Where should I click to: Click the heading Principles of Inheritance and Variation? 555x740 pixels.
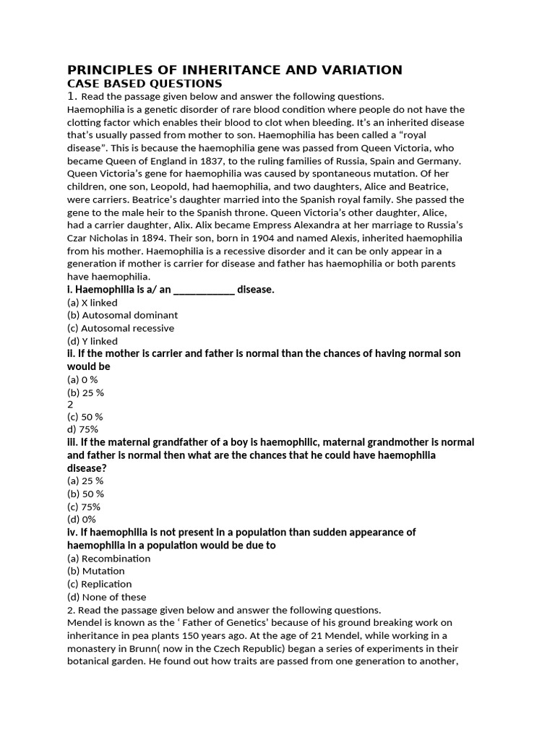(234, 70)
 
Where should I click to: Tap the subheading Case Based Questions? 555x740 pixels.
(145, 83)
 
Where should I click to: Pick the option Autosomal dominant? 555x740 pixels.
(122, 315)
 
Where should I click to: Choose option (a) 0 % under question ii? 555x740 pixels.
(82, 379)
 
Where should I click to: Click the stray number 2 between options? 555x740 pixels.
(70, 405)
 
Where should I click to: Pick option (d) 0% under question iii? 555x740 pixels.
(81, 519)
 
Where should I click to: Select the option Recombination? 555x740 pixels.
(108, 559)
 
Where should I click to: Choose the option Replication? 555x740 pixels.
(99, 584)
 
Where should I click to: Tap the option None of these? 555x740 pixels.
(107, 597)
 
